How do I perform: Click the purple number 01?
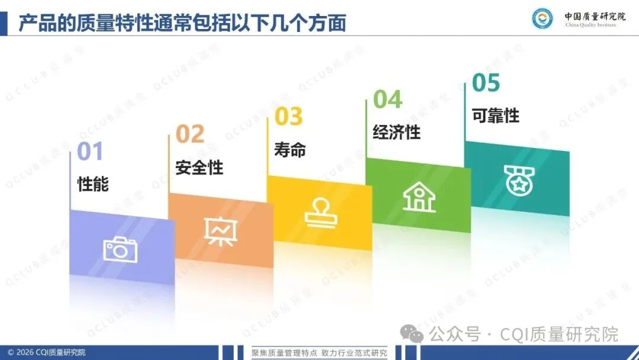[90, 151]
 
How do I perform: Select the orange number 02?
[190, 134]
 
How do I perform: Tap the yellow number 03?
[289, 116]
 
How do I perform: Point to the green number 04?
[388, 99]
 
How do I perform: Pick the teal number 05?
[486, 82]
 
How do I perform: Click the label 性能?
[93, 184]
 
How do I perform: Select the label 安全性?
[199, 168]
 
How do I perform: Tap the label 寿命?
[290, 150]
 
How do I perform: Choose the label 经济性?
[396, 132]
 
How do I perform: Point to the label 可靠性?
[496, 115]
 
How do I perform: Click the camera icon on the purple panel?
[120, 249]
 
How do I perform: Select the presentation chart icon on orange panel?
[221, 231]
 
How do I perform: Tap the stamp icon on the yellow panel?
[321, 213]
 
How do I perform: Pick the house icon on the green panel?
[419, 197]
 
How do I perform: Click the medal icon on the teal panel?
[519, 181]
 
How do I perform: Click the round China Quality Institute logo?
[543, 18]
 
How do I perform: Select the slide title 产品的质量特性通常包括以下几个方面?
[183, 23]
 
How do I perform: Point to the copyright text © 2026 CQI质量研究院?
[47, 352]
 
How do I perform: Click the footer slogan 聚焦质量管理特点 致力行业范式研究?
[319, 353]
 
